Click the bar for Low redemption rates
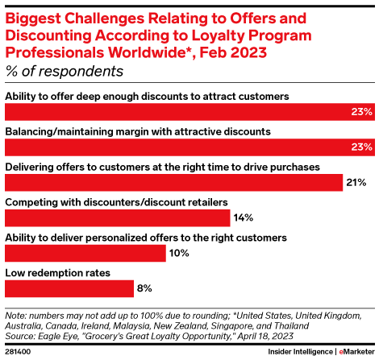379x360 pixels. pos(69,288)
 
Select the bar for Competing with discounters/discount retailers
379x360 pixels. pos(117,217)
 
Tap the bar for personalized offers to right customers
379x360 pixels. pos(85,253)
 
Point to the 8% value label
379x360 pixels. pos(145,288)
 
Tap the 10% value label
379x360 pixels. pos(180,253)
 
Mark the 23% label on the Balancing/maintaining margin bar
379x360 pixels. pos(362,147)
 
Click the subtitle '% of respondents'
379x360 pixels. pos(65,71)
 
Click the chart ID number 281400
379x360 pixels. pos(17,352)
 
